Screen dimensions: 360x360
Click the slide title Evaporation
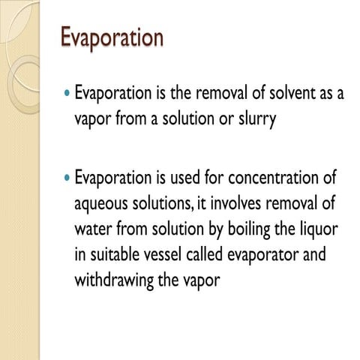coord(112,37)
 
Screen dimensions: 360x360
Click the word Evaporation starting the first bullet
coord(113,95)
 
